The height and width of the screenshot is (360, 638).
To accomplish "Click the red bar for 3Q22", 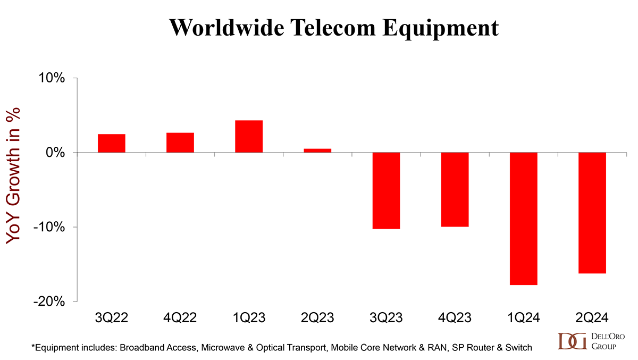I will tap(112, 143).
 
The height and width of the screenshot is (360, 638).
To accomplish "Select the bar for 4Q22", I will tap(180, 143).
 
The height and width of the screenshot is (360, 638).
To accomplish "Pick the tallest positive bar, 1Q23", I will tap(249, 137).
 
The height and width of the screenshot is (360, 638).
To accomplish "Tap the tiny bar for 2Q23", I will tap(317, 150).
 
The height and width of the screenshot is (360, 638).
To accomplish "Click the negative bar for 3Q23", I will tap(386, 190).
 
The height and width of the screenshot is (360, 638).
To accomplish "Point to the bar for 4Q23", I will tap(455, 189).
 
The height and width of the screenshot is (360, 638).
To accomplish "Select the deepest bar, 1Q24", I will tap(523, 219).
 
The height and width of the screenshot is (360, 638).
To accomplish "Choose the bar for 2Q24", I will tap(592, 213).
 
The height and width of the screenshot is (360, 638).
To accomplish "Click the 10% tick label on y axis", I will tap(51, 78).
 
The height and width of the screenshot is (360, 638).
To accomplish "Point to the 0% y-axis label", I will tap(55, 153).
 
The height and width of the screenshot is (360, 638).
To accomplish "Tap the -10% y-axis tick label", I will tap(49, 227).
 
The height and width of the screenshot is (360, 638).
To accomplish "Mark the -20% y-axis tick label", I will tap(49, 302).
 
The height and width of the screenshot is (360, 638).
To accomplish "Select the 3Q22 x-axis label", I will tap(112, 318).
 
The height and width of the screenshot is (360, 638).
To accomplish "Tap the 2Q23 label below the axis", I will tap(317, 318).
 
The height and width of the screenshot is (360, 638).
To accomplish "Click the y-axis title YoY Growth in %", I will tap(14, 175).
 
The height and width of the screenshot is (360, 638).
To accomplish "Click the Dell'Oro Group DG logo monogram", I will tap(572, 341).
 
